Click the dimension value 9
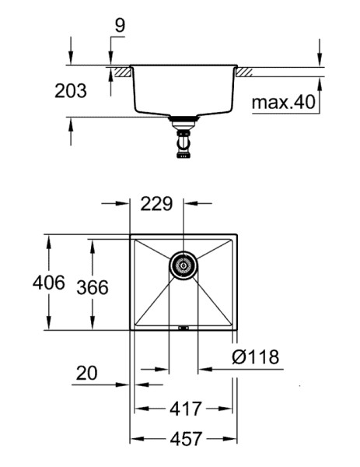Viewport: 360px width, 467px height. (120, 26)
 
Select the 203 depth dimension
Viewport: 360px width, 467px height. (71, 90)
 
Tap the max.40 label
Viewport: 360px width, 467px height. (283, 102)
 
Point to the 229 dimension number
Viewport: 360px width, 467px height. (156, 204)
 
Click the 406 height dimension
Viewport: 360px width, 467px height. (49, 283)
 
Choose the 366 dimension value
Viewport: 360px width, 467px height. (93, 288)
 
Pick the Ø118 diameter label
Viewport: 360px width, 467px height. (256, 356)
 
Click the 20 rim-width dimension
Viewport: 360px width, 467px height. (86, 373)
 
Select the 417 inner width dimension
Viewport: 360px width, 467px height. (186, 409)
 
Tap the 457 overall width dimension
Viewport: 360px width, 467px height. (186, 439)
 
